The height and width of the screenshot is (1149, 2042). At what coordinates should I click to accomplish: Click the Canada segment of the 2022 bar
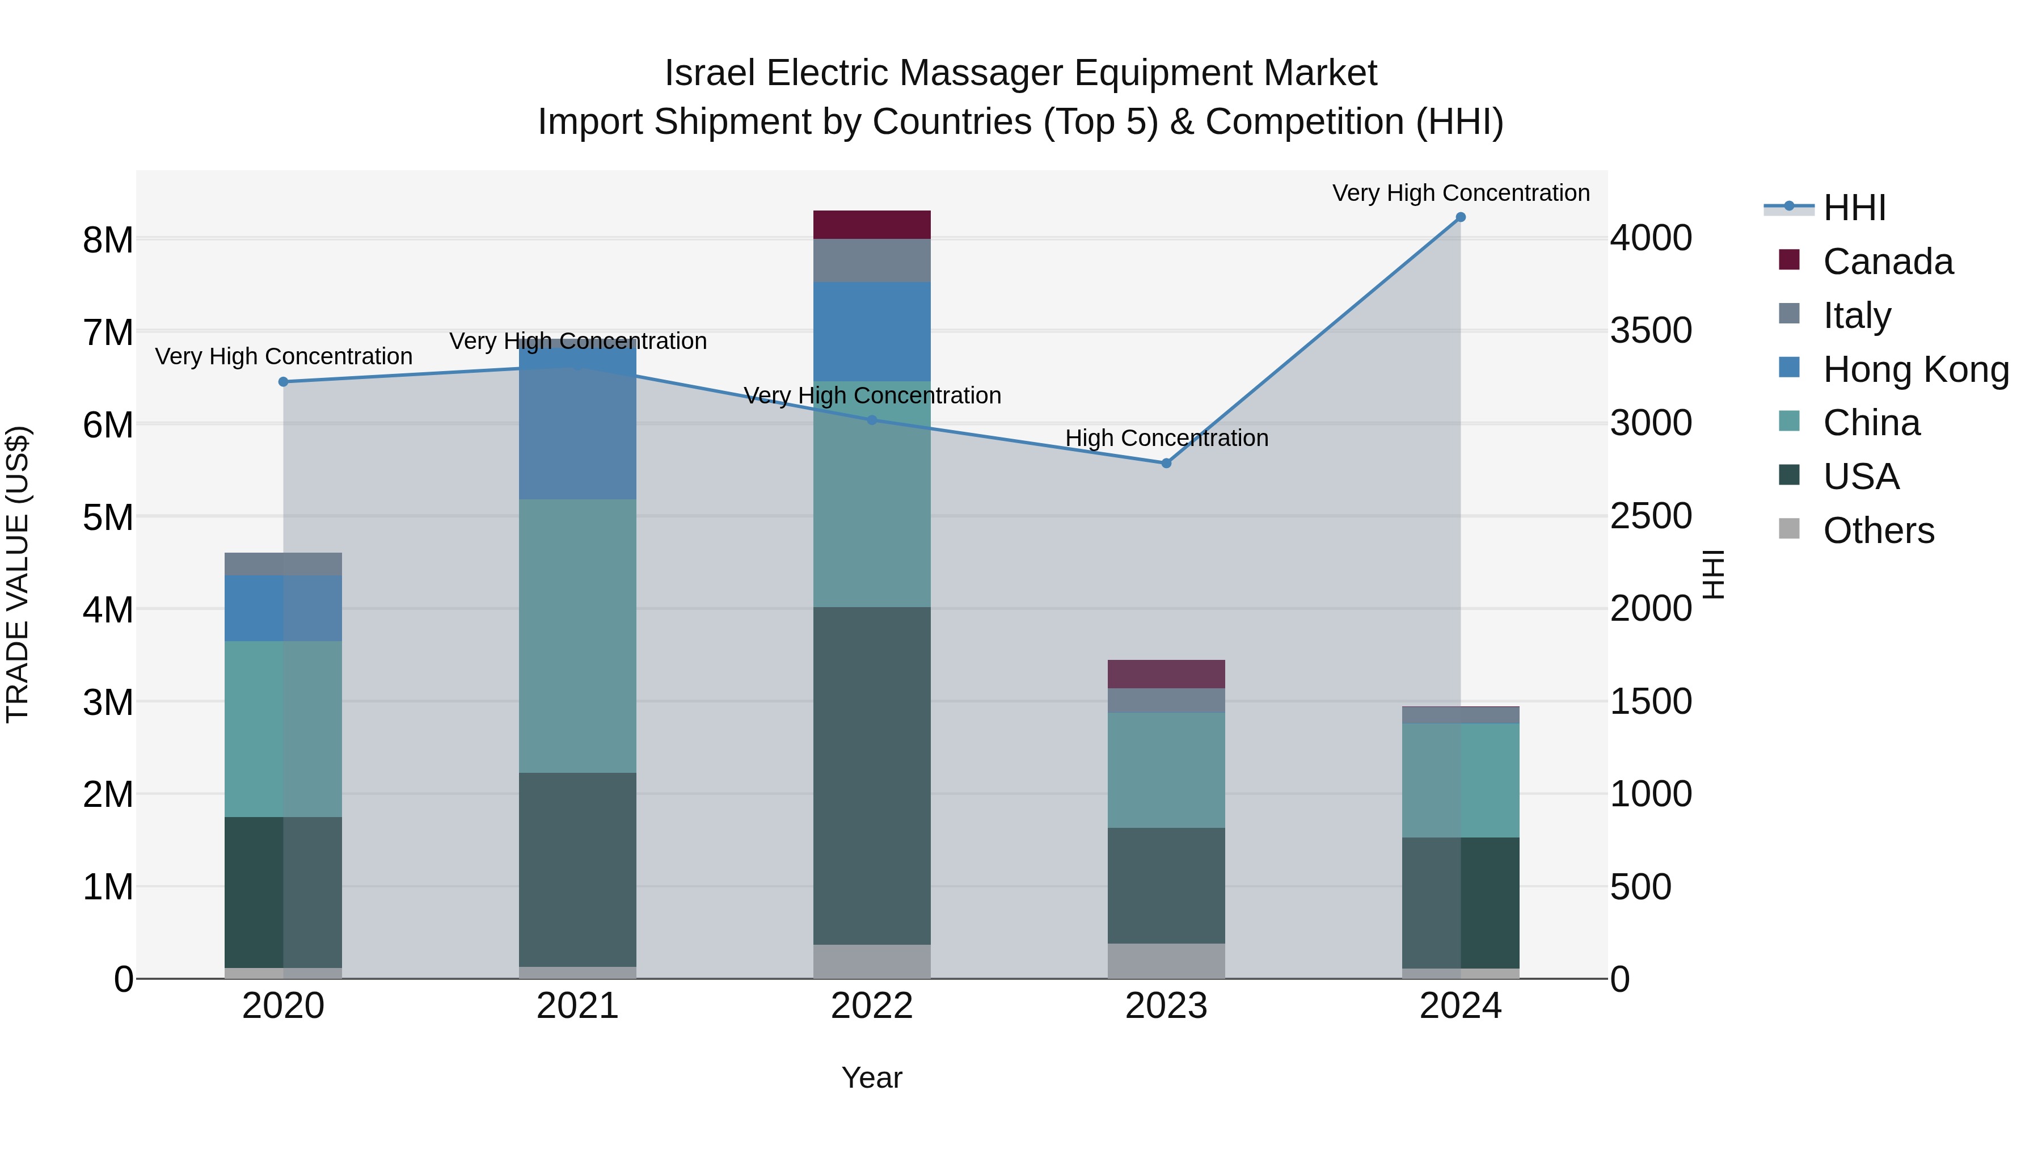[x=871, y=224]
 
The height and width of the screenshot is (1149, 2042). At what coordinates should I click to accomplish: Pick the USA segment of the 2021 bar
[x=577, y=869]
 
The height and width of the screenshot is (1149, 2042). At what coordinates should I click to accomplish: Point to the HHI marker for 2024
[x=1460, y=217]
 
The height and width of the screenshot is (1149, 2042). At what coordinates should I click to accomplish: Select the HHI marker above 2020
[x=283, y=381]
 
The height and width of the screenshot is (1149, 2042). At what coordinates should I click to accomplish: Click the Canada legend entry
[x=1887, y=262]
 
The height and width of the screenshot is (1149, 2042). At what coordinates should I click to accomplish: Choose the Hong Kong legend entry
[x=1914, y=369]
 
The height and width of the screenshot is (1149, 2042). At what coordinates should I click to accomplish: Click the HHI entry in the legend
[x=1853, y=208]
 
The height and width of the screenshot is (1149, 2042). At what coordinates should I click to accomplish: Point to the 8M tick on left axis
[x=108, y=239]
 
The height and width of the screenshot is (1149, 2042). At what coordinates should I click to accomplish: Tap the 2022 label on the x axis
[x=871, y=1006]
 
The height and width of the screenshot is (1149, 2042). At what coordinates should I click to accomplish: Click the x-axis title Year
[x=871, y=1078]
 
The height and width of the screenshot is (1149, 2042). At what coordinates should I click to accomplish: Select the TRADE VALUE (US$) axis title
[x=18, y=574]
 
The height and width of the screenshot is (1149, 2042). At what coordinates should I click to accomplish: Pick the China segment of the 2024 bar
[x=1460, y=780]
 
